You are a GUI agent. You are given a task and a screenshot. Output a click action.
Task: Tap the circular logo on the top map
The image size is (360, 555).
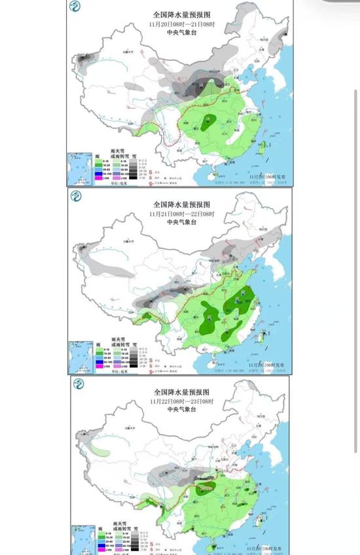click(77, 9)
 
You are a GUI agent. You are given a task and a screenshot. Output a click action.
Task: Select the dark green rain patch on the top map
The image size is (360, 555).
click(209, 120)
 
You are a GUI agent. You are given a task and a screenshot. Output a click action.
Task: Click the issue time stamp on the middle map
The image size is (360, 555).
click(265, 363)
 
